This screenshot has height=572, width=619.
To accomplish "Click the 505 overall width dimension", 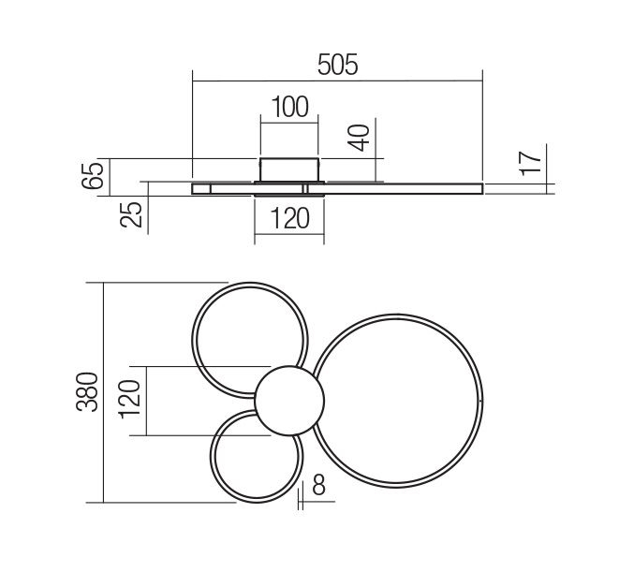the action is pos(337,65).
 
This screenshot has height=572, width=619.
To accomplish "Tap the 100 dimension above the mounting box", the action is pos(289,107).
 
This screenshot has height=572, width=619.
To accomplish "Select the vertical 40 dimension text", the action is pos(360,138).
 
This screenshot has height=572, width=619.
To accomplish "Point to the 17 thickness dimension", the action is pos(530,163).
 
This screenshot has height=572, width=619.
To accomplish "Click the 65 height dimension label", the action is pos(93,175).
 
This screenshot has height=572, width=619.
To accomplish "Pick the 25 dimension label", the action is pos(131,214).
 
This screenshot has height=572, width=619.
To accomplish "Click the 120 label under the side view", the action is pos(289,219).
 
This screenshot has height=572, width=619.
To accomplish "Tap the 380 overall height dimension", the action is pos(87,392).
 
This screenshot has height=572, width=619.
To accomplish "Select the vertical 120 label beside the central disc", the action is pos(129,399).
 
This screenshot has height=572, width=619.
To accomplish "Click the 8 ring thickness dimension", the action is pos(318,484).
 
